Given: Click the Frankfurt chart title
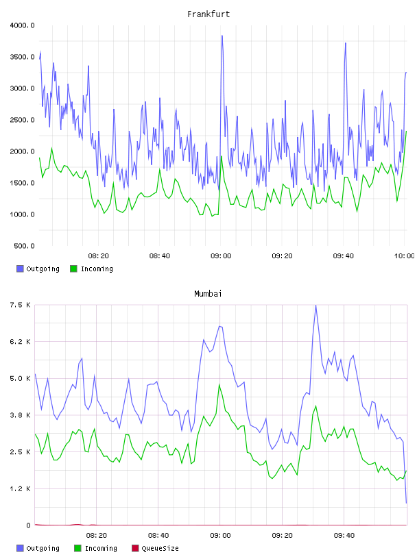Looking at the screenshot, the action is (x=208, y=14).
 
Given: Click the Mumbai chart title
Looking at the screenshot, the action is (x=208, y=294).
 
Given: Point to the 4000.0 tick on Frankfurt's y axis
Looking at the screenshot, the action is (x=22, y=25).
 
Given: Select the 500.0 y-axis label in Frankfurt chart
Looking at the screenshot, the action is (x=24, y=246).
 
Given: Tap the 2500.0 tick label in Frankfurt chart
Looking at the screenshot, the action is (x=22, y=120).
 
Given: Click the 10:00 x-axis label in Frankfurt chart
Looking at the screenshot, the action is (x=404, y=256).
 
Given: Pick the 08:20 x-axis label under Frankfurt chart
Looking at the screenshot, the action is (x=99, y=256).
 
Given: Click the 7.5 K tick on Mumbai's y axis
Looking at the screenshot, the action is (x=20, y=305).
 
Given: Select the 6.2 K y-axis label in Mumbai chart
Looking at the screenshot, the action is (x=20, y=342).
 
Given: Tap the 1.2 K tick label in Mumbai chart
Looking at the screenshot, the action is (x=20, y=488).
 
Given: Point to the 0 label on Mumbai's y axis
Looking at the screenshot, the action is (x=28, y=525).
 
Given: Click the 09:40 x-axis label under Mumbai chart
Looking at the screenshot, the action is (x=344, y=536).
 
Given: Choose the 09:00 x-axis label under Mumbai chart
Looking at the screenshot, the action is (x=220, y=536).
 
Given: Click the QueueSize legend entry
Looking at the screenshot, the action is (x=155, y=548).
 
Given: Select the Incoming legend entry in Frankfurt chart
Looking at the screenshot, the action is (x=92, y=269).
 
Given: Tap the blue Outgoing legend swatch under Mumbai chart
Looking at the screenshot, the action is (x=20, y=548).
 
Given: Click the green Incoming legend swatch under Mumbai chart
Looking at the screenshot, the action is (x=78, y=548).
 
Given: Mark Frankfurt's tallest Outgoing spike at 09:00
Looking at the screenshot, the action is (x=222, y=36).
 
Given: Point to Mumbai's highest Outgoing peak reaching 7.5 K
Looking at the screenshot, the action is (x=315, y=305).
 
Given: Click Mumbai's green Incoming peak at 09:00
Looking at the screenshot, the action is (x=219, y=385).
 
